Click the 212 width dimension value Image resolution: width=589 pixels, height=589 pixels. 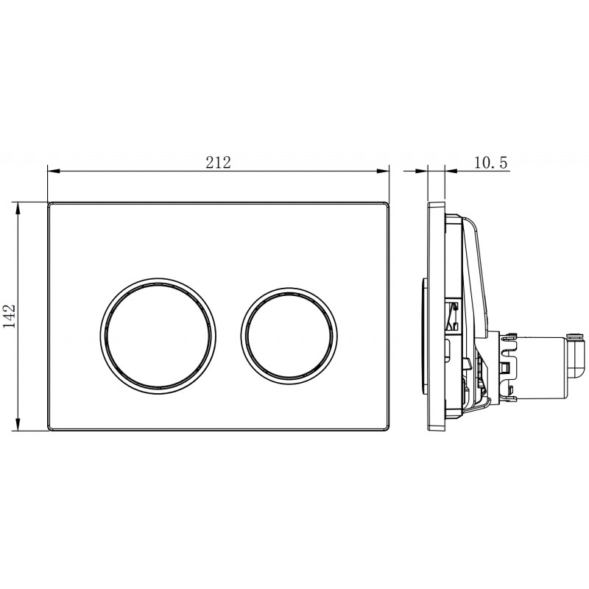coord(218,162)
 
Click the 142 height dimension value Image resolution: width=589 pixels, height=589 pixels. coord(9,316)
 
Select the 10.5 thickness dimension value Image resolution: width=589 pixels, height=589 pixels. coord(490,162)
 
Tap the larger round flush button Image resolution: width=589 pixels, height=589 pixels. coord(158,336)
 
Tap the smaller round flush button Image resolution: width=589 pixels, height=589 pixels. coord(289,336)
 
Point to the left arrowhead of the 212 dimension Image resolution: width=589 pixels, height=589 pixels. coord(53,172)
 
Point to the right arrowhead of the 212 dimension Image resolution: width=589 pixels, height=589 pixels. coord(383,172)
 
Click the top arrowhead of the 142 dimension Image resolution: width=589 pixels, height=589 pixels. coord(17,208)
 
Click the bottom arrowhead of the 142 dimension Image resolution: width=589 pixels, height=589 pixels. coord(17,425)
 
